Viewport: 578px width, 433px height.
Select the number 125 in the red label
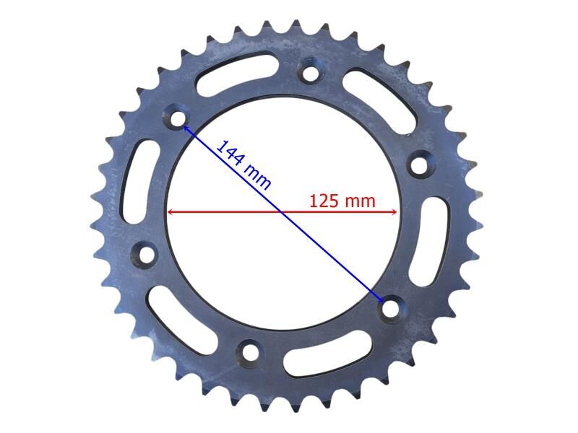(x=325, y=201)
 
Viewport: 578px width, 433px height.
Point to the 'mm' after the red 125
(x=360, y=201)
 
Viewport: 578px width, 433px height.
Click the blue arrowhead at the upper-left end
(x=186, y=128)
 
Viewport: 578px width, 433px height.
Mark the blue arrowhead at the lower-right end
(x=381, y=299)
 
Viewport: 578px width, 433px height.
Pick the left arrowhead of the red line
(x=171, y=212)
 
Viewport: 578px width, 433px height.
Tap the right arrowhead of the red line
(x=394, y=212)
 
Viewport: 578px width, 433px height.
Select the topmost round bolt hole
(x=311, y=73)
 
